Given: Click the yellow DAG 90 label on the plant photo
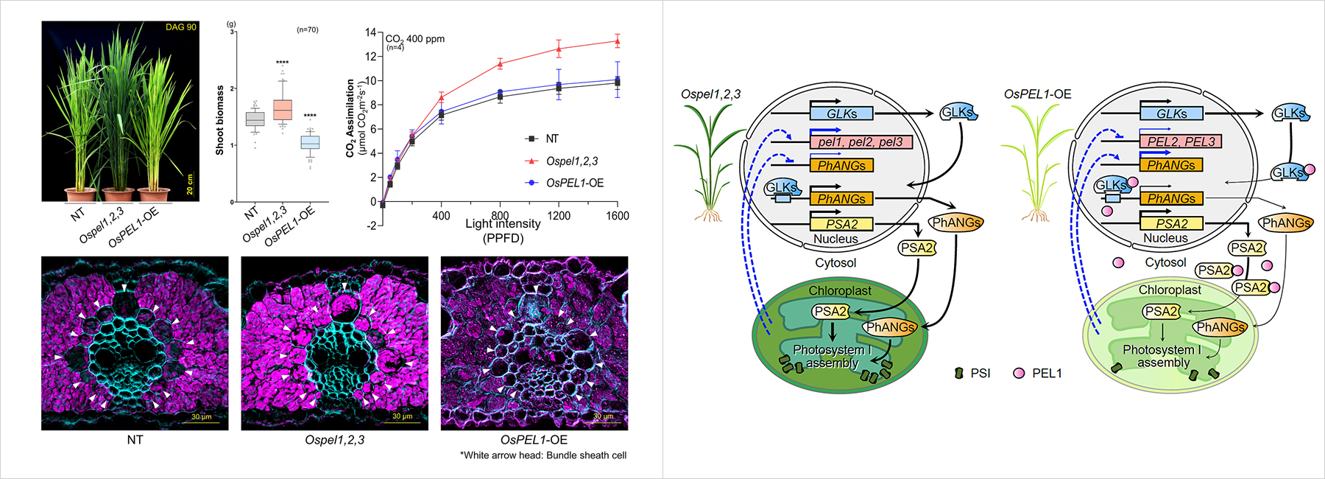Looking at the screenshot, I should [x=180, y=27].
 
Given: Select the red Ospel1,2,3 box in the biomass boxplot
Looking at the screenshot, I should [x=282, y=110].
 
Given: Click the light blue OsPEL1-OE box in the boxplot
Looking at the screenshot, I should [x=310, y=142].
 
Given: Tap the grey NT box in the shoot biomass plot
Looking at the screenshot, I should [x=255, y=119].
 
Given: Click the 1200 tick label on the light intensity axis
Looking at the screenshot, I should [x=559, y=216].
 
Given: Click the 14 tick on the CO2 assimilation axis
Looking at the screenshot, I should [x=370, y=32].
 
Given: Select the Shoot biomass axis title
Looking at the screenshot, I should [x=219, y=120].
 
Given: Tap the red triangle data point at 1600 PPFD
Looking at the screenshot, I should [x=617, y=41].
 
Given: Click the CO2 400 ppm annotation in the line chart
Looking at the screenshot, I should [x=415, y=39].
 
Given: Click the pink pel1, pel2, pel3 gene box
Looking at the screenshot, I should [x=861, y=141].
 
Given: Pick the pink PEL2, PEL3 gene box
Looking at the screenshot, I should [x=1181, y=141].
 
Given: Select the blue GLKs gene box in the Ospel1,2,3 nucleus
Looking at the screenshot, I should [x=841, y=113].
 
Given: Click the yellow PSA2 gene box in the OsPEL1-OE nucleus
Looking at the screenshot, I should [x=1171, y=223].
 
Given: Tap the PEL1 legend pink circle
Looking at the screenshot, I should [x=1019, y=373].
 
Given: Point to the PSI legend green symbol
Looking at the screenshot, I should [x=958, y=373].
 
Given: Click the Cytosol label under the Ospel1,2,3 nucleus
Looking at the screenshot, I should [x=835, y=262].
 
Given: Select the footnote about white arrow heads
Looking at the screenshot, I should [x=543, y=455].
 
